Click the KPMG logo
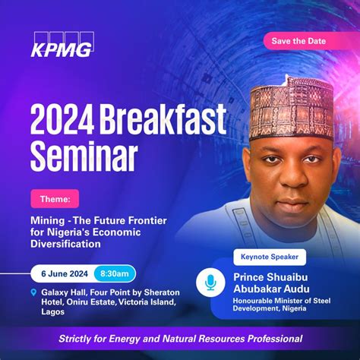click(x=62, y=45)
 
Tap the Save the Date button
click(x=300, y=40)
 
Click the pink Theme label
click(x=55, y=199)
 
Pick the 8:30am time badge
click(x=115, y=273)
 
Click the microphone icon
click(x=210, y=283)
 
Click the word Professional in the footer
click(x=269, y=338)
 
